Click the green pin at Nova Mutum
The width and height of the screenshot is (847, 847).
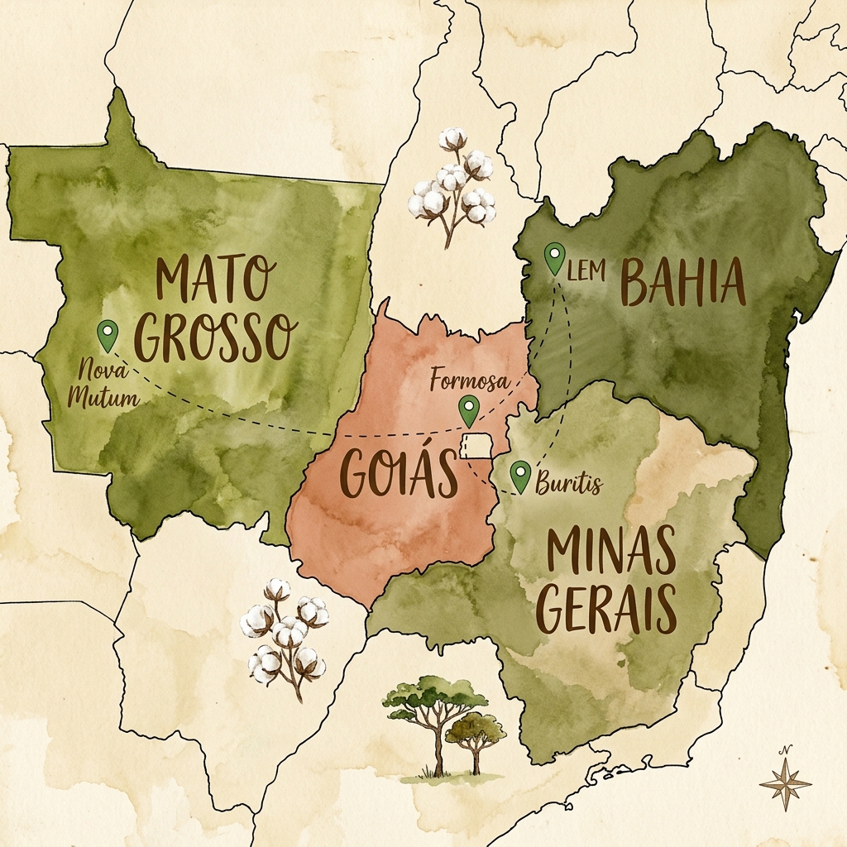[107, 335]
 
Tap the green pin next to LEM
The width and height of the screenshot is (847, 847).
[555, 258]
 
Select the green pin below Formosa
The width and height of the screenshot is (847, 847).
[469, 410]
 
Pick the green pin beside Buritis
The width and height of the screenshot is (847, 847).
[519, 476]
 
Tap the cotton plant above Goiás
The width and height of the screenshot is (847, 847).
[453, 186]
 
